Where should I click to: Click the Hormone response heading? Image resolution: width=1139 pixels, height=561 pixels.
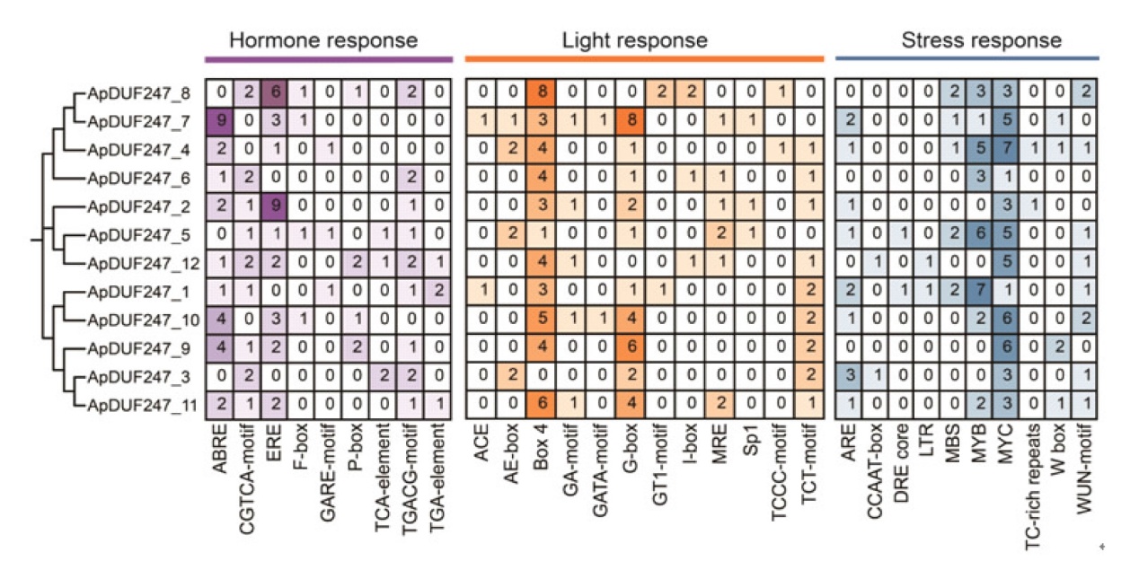323,40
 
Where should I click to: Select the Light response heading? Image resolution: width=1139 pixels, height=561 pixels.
634,40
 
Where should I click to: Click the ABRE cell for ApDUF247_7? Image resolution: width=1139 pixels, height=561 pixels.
220,119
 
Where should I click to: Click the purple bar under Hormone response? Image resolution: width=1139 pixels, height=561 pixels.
328,60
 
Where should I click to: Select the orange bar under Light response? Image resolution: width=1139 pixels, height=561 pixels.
643,60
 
